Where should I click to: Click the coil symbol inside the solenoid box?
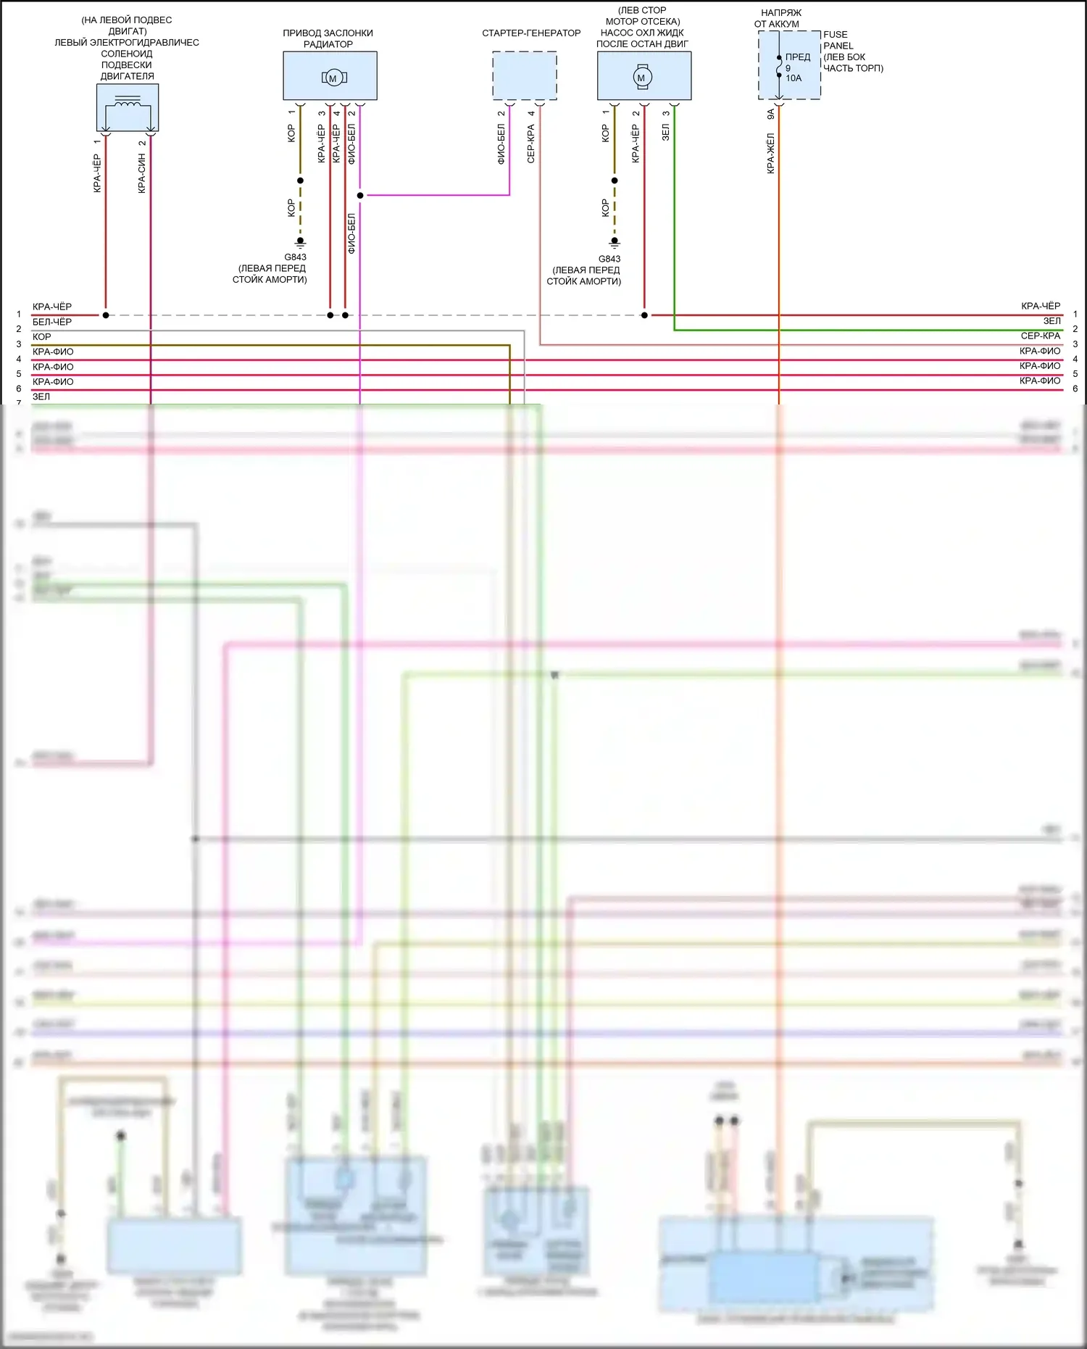[128, 102]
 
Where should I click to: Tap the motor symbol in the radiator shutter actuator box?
[333, 78]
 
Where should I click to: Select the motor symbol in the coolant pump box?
[641, 77]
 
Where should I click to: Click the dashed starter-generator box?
[525, 75]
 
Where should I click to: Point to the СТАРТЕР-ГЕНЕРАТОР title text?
[531, 33]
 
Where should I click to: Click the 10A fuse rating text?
[794, 78]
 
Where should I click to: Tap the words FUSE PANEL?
[838, 40]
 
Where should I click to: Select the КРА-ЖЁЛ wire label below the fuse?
[770, 153]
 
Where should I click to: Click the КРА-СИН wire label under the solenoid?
[142, 173]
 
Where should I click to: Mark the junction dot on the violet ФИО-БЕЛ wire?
[360, 195]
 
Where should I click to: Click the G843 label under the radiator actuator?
[295, 257]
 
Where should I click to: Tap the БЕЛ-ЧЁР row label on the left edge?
[52, 322]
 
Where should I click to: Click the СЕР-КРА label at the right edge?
[1040, 336]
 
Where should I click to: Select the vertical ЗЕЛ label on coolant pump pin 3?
[665, 131]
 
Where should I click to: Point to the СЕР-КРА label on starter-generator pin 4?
[530, 143]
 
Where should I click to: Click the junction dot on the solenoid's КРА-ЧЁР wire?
[106, 315]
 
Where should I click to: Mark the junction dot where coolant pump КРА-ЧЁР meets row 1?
[644, 315]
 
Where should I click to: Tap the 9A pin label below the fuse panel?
[770, 114]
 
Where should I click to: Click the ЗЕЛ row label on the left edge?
[41, 397]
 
